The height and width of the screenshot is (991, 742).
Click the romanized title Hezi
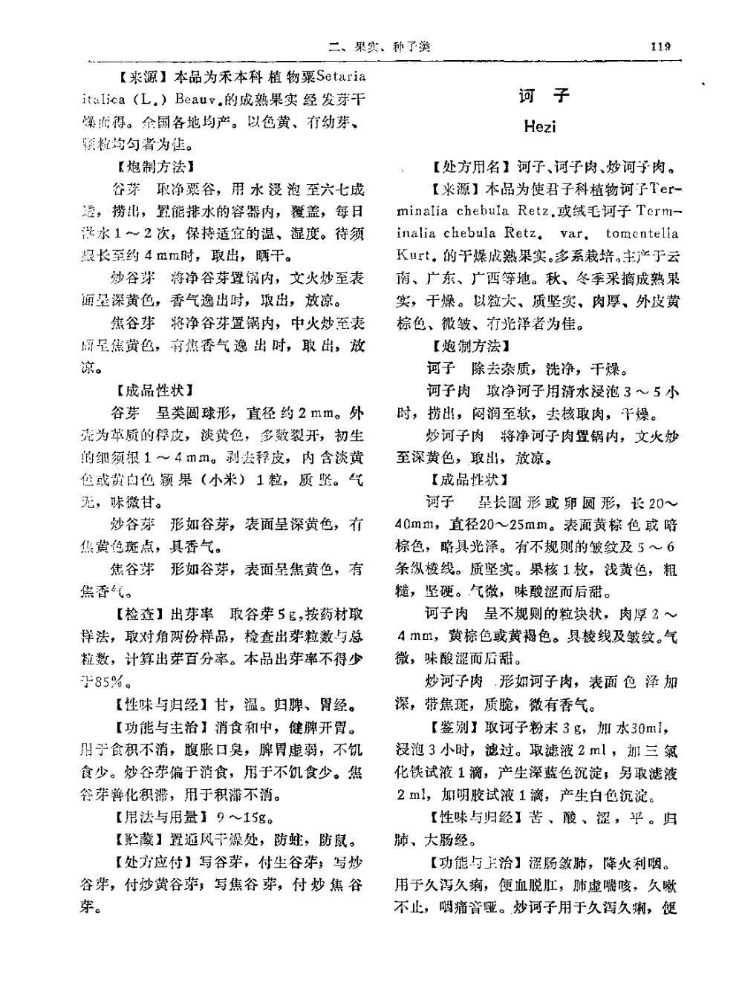[x=539, y=126]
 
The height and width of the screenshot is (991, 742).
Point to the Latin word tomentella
[x=642, y=233]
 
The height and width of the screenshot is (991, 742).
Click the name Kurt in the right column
[x=413, y=256]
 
